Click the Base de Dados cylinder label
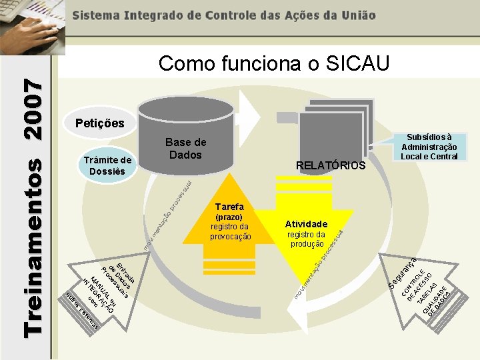(185, 149)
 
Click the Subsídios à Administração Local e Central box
(429, 146)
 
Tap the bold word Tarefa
(229, 206)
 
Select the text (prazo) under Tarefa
(229, 217)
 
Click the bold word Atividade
(306, 224)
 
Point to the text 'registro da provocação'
(230, 231)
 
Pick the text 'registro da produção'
(306, 239)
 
